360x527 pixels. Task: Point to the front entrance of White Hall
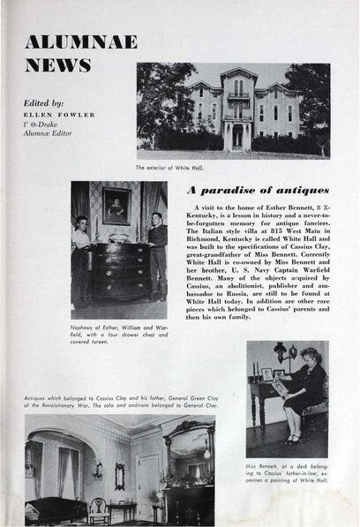(x=237, y=136)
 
